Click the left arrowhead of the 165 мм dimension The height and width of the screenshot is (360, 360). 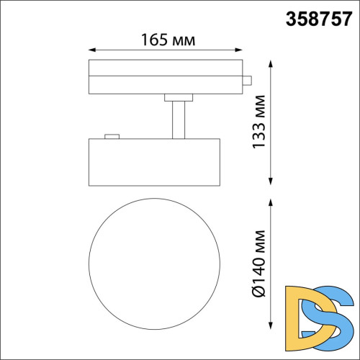coord(90,51)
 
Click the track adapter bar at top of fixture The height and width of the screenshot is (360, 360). coord(166,77)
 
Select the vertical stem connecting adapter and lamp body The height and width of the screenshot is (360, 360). coord(177,119)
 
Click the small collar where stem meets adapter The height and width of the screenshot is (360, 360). coord(177,96)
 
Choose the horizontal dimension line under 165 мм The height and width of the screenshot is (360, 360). coord(166,51)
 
